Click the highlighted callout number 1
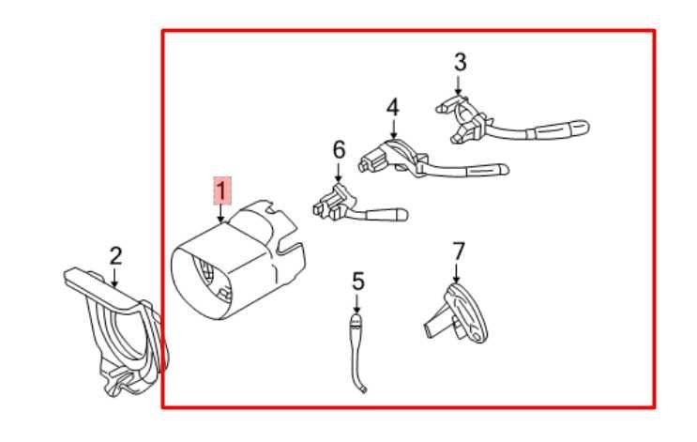tap(220, 191)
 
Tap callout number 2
tap(114, 255)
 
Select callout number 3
tap(459, 63)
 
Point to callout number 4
tap(392, 107)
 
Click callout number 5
tap(356, 281)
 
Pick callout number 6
tap(339, 149)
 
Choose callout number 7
tap(458, 251)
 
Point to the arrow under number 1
tap(220, 215)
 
